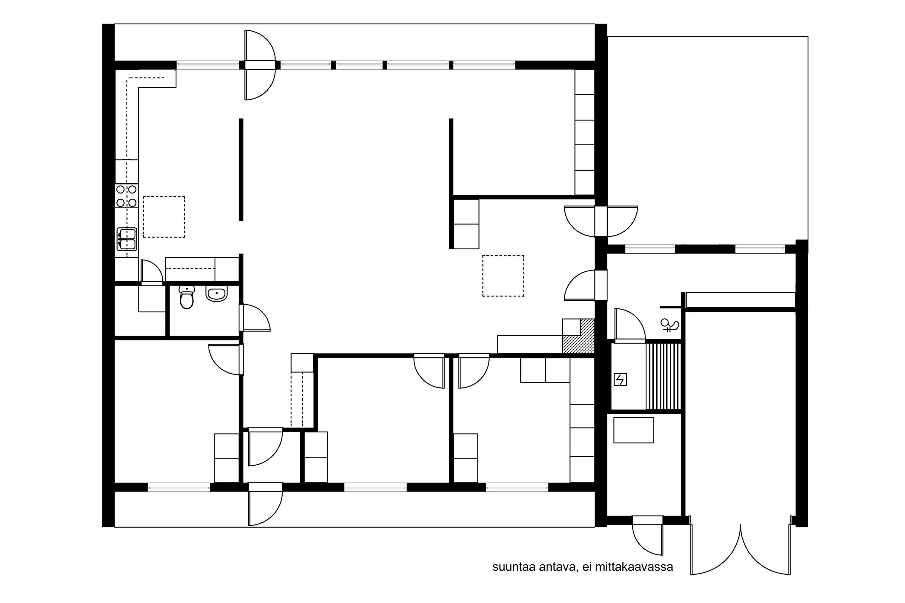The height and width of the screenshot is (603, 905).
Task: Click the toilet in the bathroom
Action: point(187,297)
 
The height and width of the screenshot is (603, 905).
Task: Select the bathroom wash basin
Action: point(217,294)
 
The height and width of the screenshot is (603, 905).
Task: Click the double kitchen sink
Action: point(127,239)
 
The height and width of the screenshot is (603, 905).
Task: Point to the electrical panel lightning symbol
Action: point(620,380)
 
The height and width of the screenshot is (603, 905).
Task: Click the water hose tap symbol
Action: point(669,325)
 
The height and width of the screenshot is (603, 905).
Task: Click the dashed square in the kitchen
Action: point(164,217)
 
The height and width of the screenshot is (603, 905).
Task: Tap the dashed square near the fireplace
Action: point(503,276)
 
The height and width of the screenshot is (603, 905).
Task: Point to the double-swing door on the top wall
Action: point(260,65)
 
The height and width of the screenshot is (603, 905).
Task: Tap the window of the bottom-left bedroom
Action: point(179,487)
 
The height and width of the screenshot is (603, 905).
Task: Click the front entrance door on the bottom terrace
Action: point(265,504)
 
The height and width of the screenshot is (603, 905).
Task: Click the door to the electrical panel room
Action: point(630,325)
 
